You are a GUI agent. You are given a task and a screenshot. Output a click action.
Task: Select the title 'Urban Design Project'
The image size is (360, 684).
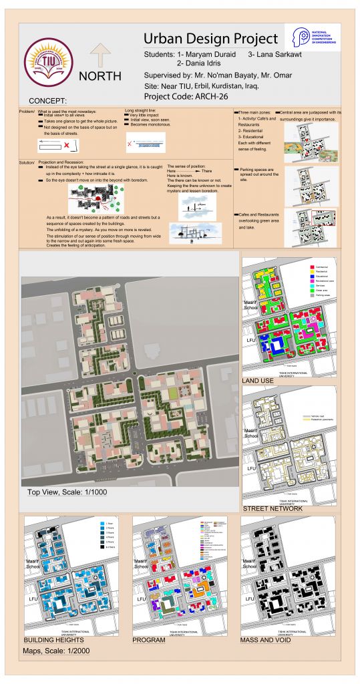[210, 37]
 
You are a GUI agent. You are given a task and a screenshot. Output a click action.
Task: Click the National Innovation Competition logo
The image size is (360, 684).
[312, 37]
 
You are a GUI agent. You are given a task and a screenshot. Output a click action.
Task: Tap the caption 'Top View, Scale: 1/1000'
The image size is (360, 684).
[67, 492]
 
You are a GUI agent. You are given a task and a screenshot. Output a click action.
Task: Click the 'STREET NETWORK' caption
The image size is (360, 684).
[273, 508]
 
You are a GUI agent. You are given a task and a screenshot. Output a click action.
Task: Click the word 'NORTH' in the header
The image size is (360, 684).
[100, 76]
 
